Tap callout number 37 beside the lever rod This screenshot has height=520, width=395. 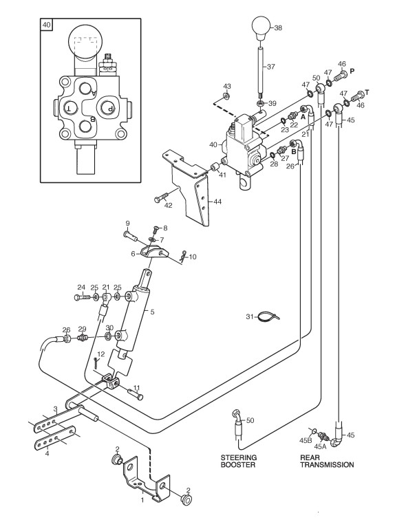[x=271, y=67]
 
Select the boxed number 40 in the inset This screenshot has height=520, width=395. [x=46, y=25]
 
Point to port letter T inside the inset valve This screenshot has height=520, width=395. [x=70, y=108]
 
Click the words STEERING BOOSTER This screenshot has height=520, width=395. [x=239, y=461]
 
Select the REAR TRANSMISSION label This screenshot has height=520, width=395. [x=327, y=461]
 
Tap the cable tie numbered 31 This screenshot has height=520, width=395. [x=268, y=317]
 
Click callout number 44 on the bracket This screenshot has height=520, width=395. [x=217, y=202]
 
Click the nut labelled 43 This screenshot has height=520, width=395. [x=226, y=96]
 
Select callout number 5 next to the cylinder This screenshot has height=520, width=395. [x=152, y=312]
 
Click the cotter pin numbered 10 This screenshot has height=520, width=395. [x=182, y=257]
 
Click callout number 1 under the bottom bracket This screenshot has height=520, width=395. [x=142, y=500]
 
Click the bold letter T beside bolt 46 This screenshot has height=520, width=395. [x=367, y=92]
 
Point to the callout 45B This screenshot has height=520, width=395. [x=306, y=440]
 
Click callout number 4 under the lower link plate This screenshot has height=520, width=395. [x=47, y=453]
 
